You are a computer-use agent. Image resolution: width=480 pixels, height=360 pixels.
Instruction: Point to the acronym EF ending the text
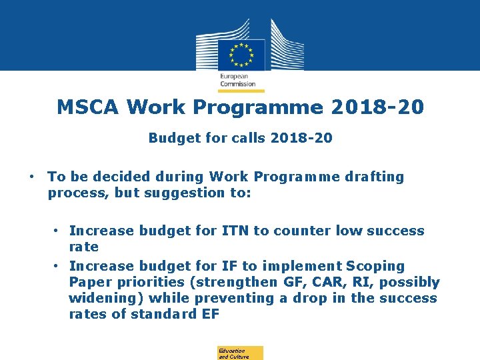click(209, 314)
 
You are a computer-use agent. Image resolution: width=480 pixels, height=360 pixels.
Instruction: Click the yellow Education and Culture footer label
click(240, 353)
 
